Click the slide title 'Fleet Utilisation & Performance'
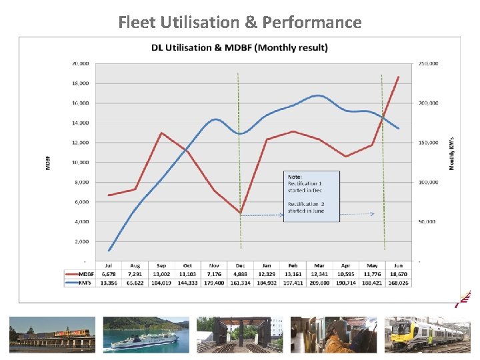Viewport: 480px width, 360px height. [240, 22]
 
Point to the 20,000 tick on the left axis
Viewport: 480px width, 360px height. [80, 64]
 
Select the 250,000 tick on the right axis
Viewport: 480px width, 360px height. [428, 64]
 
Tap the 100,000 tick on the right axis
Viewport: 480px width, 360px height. [428, 182]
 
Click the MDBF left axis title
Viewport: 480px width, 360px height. [48, 162]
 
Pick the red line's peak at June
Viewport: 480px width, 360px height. [399, 77]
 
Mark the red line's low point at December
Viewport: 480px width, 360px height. [240, 213]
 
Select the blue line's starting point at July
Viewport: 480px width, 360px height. [109, 251]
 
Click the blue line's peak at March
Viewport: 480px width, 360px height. [319, 95]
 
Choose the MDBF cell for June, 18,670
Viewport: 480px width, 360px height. [398, 273]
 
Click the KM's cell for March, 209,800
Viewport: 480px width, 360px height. [319, 282]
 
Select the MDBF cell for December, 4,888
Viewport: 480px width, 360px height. [240, 273]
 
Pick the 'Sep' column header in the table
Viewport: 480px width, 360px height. [161, 265]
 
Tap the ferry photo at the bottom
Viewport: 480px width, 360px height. [146, 334]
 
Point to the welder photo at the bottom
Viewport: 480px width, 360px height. [334, 334]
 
